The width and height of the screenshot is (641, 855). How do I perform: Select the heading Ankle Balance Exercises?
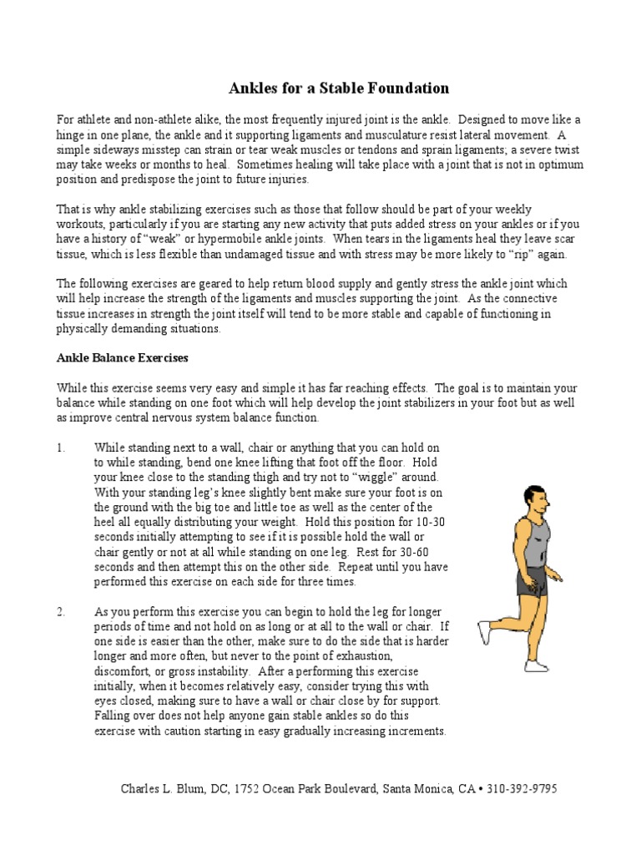122,357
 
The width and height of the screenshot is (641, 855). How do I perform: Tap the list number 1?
60,448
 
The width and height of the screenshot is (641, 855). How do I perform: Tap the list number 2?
60,613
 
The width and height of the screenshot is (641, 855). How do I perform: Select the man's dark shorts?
532,582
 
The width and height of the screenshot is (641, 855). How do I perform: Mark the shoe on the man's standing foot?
538,665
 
